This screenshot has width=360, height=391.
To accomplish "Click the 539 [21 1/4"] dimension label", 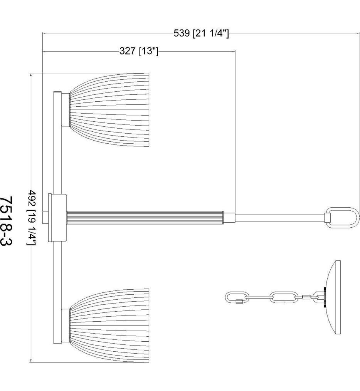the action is click(201, 34).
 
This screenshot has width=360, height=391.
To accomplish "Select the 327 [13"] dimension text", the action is click(139, 51).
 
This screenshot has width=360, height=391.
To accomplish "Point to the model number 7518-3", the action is click(7, 221).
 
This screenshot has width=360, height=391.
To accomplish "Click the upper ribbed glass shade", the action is click(109, 110).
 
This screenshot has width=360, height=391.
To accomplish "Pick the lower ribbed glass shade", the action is click(109, 326).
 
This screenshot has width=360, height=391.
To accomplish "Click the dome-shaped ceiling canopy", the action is click(333, 297).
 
